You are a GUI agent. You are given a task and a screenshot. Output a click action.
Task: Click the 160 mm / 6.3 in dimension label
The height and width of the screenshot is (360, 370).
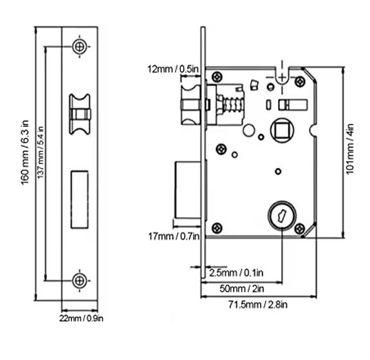point(25,153)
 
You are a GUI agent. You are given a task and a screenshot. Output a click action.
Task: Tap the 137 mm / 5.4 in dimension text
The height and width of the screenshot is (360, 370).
point(41,153)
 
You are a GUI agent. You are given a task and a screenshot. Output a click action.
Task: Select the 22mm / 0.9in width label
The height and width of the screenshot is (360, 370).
point(81,318)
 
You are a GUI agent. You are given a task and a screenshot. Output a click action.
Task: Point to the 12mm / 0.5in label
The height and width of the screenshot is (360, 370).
point(173,69)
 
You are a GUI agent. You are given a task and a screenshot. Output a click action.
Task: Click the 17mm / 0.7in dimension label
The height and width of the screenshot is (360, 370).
point(174,236)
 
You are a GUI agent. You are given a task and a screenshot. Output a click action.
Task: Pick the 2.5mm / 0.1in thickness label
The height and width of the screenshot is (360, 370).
point(236,273)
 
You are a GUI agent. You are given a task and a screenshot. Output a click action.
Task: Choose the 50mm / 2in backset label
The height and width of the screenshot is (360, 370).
point(242,289)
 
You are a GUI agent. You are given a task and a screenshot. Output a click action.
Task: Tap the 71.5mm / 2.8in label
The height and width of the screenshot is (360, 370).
point(257,305)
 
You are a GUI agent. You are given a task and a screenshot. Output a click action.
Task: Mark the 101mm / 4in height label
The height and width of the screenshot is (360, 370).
point(350,149)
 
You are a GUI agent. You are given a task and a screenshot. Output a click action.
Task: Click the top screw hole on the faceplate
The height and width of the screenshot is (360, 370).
point(80,46)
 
